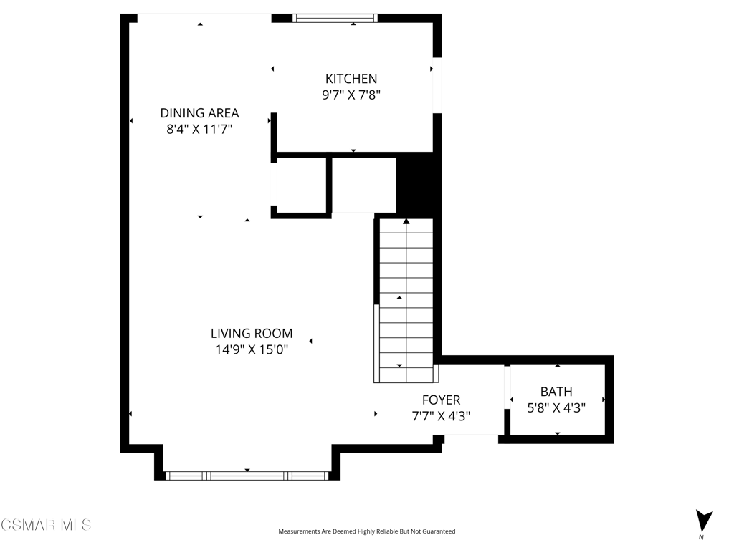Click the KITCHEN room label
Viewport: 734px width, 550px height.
point(351,79)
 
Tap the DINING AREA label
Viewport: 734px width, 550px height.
point(199,113)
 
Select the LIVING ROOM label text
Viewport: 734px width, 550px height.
point(252,334)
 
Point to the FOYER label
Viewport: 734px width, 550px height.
point(441,400)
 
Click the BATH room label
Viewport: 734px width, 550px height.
point(556,392)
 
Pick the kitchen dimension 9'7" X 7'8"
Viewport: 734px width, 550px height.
point(351,95)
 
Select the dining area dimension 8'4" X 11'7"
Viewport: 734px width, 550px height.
point(199,129)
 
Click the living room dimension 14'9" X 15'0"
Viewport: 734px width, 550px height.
point(252,349)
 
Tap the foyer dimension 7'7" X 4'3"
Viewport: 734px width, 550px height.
point(441,416)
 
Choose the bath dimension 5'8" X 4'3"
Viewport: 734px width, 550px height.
point(556,407)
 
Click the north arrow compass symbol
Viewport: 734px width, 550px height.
point(703,521)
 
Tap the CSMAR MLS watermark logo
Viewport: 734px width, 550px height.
point(46,525)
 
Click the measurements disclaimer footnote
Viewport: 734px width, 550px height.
point(366,531)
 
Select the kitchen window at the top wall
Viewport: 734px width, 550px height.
point(335,18)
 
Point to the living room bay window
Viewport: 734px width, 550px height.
point(247,476)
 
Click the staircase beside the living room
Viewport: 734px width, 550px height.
point(406,300)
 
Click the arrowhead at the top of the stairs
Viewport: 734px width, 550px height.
point(406,221)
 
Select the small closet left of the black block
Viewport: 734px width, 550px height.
point(364,185)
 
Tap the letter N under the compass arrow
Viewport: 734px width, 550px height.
point(701,537)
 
